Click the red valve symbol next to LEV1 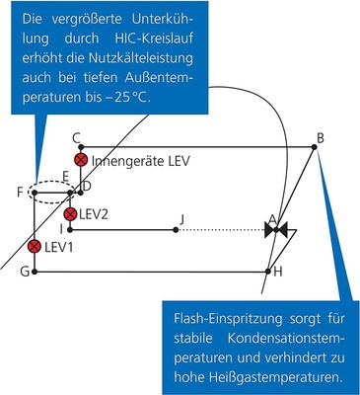tap(36, 246)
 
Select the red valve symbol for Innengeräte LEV tap(81, 160)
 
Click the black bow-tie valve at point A tap(276, 230)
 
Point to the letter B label tap(321, 136)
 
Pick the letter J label tap(180, 217)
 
